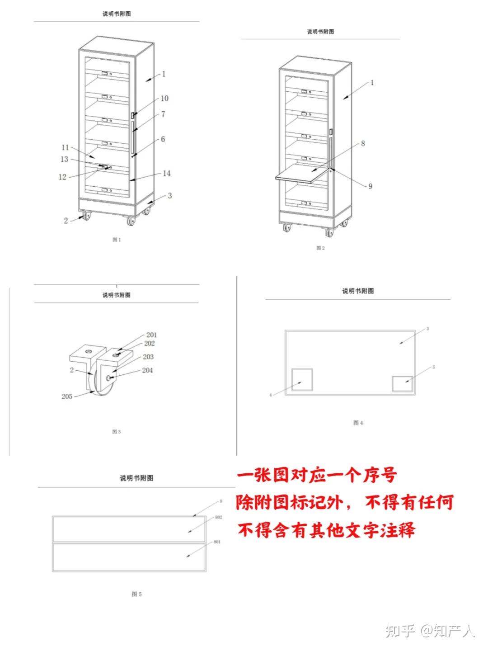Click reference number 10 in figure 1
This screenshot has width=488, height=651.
[164, 99]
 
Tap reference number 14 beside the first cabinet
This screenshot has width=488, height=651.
[167, 174]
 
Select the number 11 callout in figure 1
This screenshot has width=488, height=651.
[65, 148]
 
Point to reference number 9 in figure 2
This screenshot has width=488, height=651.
[370, 186]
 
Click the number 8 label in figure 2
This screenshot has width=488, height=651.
[362, 144]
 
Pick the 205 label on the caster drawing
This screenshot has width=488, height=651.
[67, 396]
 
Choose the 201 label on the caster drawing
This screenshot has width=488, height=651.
[151, 335]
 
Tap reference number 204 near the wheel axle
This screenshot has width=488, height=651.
[147, 370]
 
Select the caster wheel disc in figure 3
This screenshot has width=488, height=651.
[100, 384]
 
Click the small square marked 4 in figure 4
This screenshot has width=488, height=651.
[302, 379]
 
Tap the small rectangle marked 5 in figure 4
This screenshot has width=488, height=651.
[402, 383]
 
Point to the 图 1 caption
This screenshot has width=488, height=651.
[117, 240]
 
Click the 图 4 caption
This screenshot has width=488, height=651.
[358, 423]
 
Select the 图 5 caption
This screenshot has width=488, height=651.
[136, 594]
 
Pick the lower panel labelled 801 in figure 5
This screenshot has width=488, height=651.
[129, 557]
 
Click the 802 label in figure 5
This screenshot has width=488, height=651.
[218, 517]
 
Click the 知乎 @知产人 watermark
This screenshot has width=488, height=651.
[430, 631]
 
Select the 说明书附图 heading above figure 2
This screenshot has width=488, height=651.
[320, 32]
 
